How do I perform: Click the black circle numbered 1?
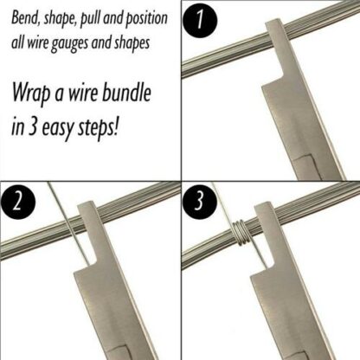click(200, 21)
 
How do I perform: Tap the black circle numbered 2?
click(18, 202)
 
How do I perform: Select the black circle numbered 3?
click(200, 202)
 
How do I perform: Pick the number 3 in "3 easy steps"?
click(33, 126)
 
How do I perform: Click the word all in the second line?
click(17, 42)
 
